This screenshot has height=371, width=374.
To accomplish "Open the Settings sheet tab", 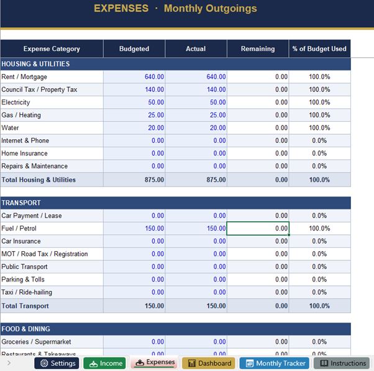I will click(x=57, y=364).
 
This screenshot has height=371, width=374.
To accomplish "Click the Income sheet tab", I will click(x=104, y=364).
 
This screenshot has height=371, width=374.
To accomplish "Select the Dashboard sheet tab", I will click(x=208, y=364).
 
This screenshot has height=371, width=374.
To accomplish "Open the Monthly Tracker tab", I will click(x=274, y=364).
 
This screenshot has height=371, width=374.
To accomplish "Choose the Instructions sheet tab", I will click(x=342, y=364).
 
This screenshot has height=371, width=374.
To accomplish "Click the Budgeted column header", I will click(x=134, y=49).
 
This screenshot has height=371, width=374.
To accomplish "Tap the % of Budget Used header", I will click(x=319, y=49).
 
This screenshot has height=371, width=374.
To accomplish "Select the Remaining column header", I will click(x=258, y=49).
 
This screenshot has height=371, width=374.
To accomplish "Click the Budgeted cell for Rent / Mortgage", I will click(x=134, y=77).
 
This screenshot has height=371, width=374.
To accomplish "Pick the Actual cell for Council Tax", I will click(x=196, y=89).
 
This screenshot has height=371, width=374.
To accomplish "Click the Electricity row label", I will click(x=16, y=103).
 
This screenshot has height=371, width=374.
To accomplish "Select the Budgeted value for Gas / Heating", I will click(x=134, y=115).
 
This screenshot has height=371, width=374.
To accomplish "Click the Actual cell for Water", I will click(x=196, y=128).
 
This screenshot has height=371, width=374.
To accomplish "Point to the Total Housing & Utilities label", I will click(x=39, y=180).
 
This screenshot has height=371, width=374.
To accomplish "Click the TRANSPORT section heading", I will click(x=21, y=203).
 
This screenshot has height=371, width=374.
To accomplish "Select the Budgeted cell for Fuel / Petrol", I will click(x=134, y=229).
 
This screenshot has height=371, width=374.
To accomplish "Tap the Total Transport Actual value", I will click(x=196, y=306).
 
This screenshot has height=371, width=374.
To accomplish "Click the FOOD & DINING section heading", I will click(x=26, y=329).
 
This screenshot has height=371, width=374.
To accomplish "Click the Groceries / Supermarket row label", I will click(x=36, y=342).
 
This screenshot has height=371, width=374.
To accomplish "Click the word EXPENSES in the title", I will click(x=121, y=9).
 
